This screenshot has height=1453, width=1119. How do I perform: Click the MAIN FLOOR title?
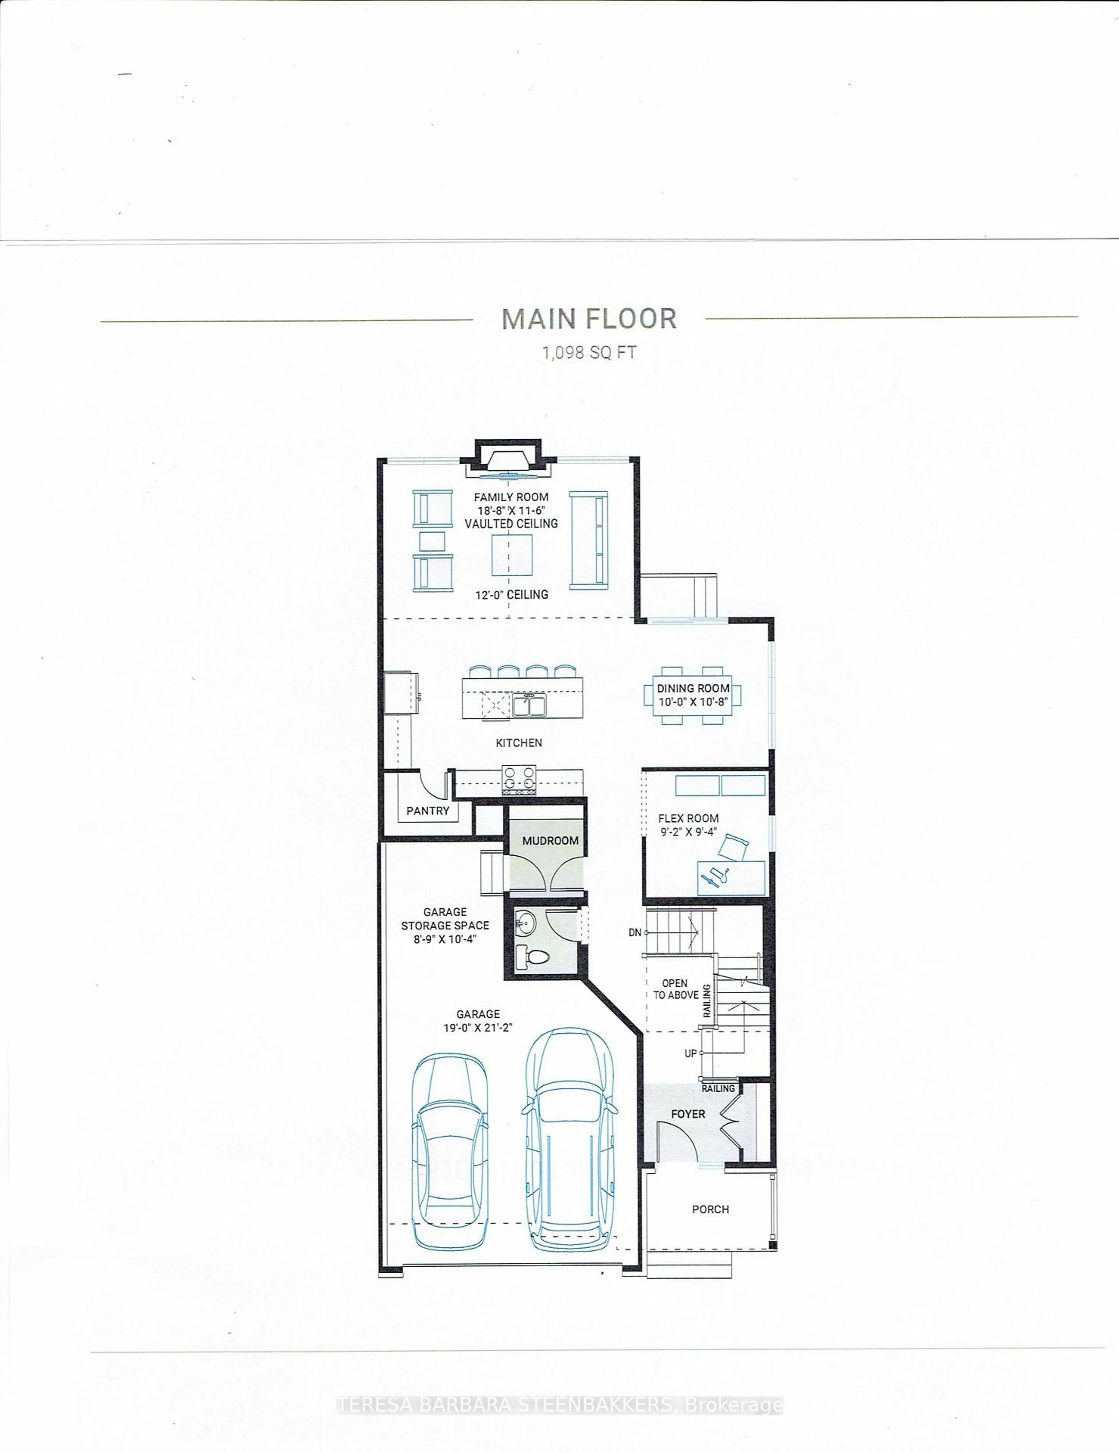(x=589, y=319)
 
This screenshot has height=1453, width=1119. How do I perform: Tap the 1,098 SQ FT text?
(x=589, y=353)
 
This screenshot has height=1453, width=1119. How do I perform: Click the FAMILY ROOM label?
(x=511, y=497)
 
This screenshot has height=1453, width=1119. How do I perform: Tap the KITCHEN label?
(x=519, y=743)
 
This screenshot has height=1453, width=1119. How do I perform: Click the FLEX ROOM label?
(x=688, y=818)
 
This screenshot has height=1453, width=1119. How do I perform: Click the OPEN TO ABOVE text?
(x=675, y=989)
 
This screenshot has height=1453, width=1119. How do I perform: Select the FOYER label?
(x=687, y=1114)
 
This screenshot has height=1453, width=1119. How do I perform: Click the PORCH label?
(x=710, y=1209)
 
